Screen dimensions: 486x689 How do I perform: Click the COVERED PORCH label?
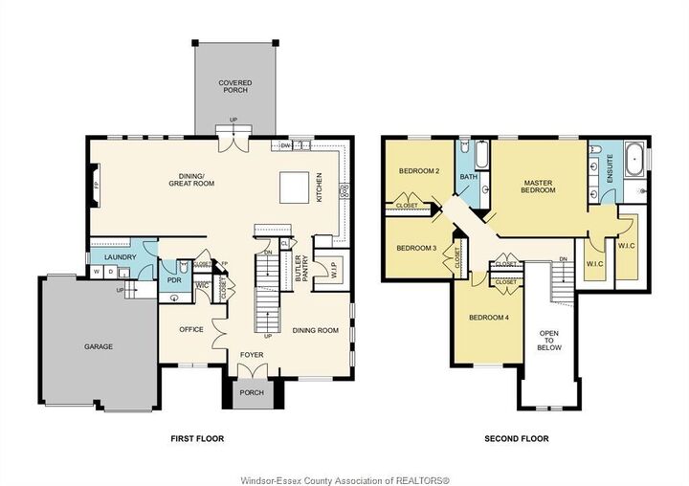235,87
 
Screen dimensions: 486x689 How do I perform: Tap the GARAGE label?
99,346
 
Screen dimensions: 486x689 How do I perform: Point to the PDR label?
174,281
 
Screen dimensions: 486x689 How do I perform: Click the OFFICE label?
191,329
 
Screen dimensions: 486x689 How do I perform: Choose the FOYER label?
252,355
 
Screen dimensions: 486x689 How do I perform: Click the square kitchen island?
293,188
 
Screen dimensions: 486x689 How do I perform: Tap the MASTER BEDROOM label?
539,186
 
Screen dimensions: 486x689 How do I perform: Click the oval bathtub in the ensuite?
634,160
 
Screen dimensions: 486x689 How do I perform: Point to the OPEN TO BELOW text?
549,339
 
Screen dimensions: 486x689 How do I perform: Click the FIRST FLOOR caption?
197,439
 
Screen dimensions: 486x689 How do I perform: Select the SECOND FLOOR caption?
517,439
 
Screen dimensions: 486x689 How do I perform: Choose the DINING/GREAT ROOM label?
195,179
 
